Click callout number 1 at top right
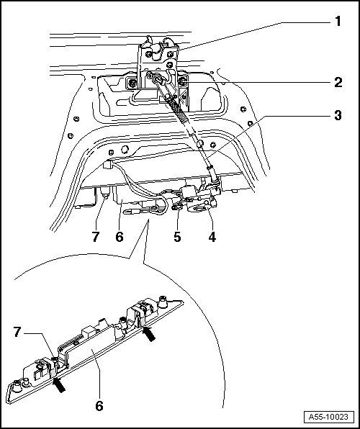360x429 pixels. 338,22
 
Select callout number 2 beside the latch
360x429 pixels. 338,82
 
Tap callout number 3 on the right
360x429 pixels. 338,115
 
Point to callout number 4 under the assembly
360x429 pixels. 212,236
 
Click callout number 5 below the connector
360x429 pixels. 177,236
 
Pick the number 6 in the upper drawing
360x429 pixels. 120,236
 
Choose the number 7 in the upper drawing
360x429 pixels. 96,236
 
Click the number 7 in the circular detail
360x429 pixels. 17,332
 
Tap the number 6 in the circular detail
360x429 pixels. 99,405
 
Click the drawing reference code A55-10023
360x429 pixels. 328,417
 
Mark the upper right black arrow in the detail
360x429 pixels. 149,334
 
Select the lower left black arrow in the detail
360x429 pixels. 59,384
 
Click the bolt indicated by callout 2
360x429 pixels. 181,81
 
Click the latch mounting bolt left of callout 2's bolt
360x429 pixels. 132,83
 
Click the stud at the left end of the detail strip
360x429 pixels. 17,386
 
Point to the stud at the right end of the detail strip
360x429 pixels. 163,300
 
